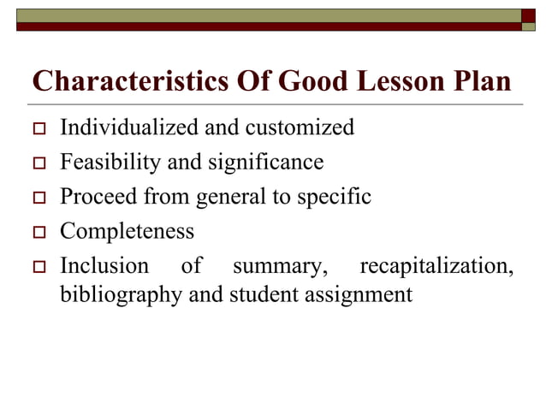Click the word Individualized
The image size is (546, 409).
click(128, 128)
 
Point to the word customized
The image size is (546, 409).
click(300, 128)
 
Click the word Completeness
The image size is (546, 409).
click(127, 231)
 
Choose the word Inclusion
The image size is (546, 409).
click(104, 266)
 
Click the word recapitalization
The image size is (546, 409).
click(436, 266)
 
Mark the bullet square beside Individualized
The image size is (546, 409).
click(38, 130)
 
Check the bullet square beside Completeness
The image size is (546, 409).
click(38, 233)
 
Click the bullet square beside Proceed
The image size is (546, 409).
click(38, 198)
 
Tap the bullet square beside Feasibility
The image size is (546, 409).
click(38, 163)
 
